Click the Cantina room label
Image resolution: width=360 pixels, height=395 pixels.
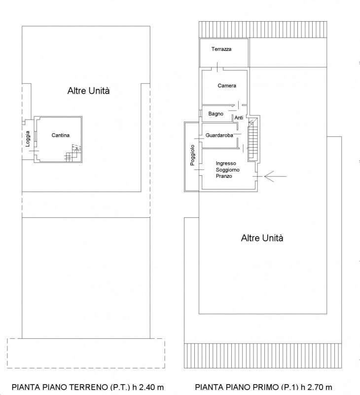pyautogui.click(x=60, y=135)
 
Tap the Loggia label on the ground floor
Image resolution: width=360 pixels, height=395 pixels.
pyautogui.click(x=28, y=139)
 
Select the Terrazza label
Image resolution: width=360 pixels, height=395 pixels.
pyautogui.click(x=221, y=49)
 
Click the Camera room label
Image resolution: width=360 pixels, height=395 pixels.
pyautogui.click(x=227, y=85)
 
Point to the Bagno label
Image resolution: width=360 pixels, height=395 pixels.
pyautogui.click(x=216, y=114)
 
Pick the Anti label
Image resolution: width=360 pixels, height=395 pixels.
pyautogui.click(x=239, y=118)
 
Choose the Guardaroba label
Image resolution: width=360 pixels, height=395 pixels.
pyautogui.click(x=219, y=135)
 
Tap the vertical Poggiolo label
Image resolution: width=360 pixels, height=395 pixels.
pyautogui.click(x=192, y=155)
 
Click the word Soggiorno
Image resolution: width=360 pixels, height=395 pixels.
pyautogui.click(x=228, y=170)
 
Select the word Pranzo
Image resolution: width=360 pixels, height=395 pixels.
pyautogui.click(x=224, y=176)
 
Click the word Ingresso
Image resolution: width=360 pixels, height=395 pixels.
pyautogui.click(x=226, y=163)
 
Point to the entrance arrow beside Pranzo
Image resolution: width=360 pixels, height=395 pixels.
pyautogui.click(x=275, y=176)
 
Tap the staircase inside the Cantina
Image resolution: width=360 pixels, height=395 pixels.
pyautogui.click(x=73, y=153)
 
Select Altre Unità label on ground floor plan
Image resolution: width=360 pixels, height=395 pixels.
pyautogui.click(x=89, y=91)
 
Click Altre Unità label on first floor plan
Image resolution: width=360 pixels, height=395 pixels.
pyautogui.click(x=262, y=238)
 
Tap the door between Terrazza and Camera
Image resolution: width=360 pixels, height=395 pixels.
pyautogui.click(x=217, y=67)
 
